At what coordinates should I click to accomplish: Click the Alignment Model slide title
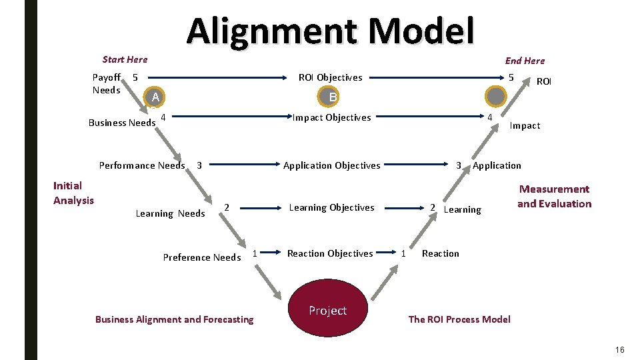click(331, 31)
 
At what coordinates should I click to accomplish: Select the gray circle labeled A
click(155, 97)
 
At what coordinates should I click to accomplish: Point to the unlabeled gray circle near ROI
click(496, 97)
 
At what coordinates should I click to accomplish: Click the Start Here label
click(125, 59)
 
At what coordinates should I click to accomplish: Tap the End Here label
click(525, 61)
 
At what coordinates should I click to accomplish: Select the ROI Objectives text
click(331, 77)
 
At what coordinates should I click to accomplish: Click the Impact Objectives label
click(332, 117)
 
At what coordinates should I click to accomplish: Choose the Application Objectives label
click(332, 165)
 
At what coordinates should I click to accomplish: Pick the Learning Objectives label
click(331, 207)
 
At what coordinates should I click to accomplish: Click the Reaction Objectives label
click(330, 253)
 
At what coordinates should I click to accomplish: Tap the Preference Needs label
click(202, 257)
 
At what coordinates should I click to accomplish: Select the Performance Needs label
click(142, 165)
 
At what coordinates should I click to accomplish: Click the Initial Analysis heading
click(73, 193)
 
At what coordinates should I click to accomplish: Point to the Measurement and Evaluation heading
click(554, 197)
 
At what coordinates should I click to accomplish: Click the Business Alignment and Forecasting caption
click(174, 319)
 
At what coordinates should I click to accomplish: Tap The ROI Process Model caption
click(459, 319)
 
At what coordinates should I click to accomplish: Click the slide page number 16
click(620, 350)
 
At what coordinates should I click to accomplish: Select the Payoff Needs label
click(107, 84)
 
